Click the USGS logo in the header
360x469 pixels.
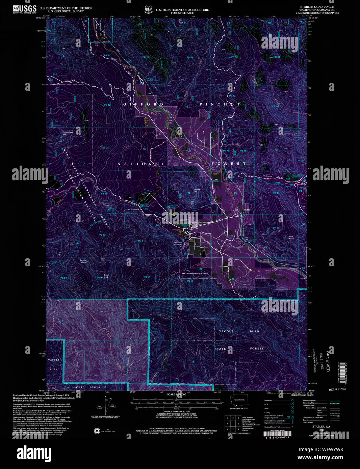coord(25,9)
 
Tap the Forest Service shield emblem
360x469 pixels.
coord(148,10)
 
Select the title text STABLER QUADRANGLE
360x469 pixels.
coord(317,7)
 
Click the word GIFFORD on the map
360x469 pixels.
coord(143,104)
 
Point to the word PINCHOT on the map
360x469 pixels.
coord(220,104)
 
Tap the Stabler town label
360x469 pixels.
coord(248,210)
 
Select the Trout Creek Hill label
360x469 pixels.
coord(68,133)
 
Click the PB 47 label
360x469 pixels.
coord(105,148)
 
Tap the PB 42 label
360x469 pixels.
coord(107,105)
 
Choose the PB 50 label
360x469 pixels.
coord(276,228)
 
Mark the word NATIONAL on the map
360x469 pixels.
coord(141,164)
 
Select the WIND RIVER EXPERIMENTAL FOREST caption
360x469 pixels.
coord(195,273)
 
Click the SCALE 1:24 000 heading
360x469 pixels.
coord(176,394)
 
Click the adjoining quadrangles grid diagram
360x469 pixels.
coord(233,423)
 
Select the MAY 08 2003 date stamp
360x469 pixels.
coord(337,389)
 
